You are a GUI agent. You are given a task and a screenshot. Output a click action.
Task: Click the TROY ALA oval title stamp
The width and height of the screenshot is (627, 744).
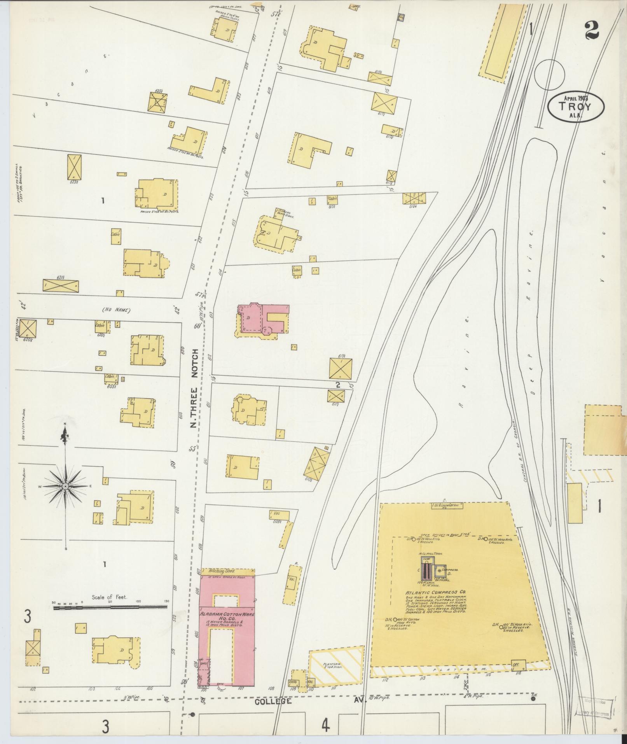coord(576,106)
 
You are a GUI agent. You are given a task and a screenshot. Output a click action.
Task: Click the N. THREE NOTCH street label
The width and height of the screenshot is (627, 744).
coord(194,389)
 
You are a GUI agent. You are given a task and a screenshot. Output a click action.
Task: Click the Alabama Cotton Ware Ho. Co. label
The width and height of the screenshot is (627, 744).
coord(227,628)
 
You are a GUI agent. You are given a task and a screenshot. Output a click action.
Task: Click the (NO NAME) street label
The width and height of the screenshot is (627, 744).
coord(116,310)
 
